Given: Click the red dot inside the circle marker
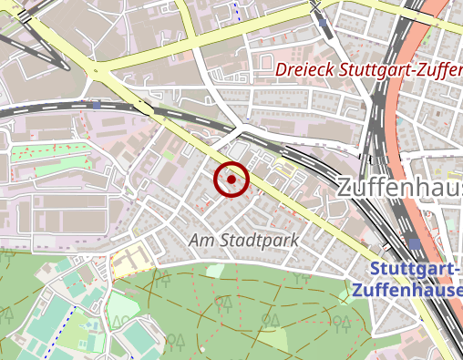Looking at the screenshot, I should [x=231, y=180].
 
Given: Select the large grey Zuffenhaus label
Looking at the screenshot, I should [x=399, y=189].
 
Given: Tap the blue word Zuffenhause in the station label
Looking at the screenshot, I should [x=406, y=291].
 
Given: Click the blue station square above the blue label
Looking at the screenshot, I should [x=415, y=243].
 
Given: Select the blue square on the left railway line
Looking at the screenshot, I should [x=96, y=105].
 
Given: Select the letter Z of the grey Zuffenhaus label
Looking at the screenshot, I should [x=345, y=189].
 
